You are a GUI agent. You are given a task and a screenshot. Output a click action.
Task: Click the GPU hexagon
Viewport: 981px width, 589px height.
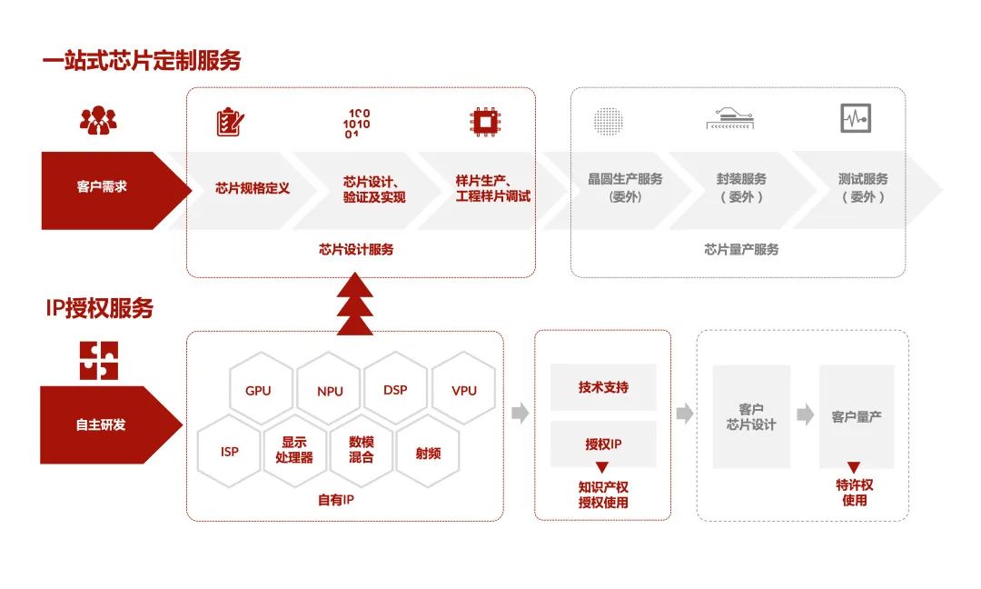(x=258, y=391)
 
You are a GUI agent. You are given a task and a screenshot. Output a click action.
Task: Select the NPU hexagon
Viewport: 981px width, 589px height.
(x=331, y=391)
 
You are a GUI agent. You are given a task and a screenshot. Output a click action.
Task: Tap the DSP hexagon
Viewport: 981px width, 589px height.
(x=395, y=390)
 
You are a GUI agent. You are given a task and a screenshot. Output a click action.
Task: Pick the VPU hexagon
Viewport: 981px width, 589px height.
(x=464, y=391)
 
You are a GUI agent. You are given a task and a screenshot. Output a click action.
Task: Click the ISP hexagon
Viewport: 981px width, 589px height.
(x=230, y=451)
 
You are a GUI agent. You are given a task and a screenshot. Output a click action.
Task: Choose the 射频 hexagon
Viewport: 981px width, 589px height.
(x=428, y=452)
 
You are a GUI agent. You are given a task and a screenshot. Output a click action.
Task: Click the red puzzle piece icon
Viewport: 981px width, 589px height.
(x=98, y=360)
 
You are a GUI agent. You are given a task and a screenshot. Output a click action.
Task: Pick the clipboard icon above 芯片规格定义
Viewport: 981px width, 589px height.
(x=230, y=122)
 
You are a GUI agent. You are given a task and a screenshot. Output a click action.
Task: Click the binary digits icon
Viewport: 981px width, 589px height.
(x=357, y=123)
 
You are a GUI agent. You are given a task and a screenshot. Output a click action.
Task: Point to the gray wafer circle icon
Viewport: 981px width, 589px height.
(x=609, y=121)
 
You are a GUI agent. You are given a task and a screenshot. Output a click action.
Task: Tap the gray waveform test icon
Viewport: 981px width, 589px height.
(x=856, y=118)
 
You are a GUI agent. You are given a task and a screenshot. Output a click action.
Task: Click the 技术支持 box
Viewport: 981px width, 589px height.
(x=603, y=387)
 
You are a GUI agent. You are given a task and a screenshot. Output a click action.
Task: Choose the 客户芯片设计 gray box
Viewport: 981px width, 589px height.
(x=751, y=417)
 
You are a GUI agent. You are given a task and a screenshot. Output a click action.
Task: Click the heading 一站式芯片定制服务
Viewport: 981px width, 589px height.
(x=142, y=61)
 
